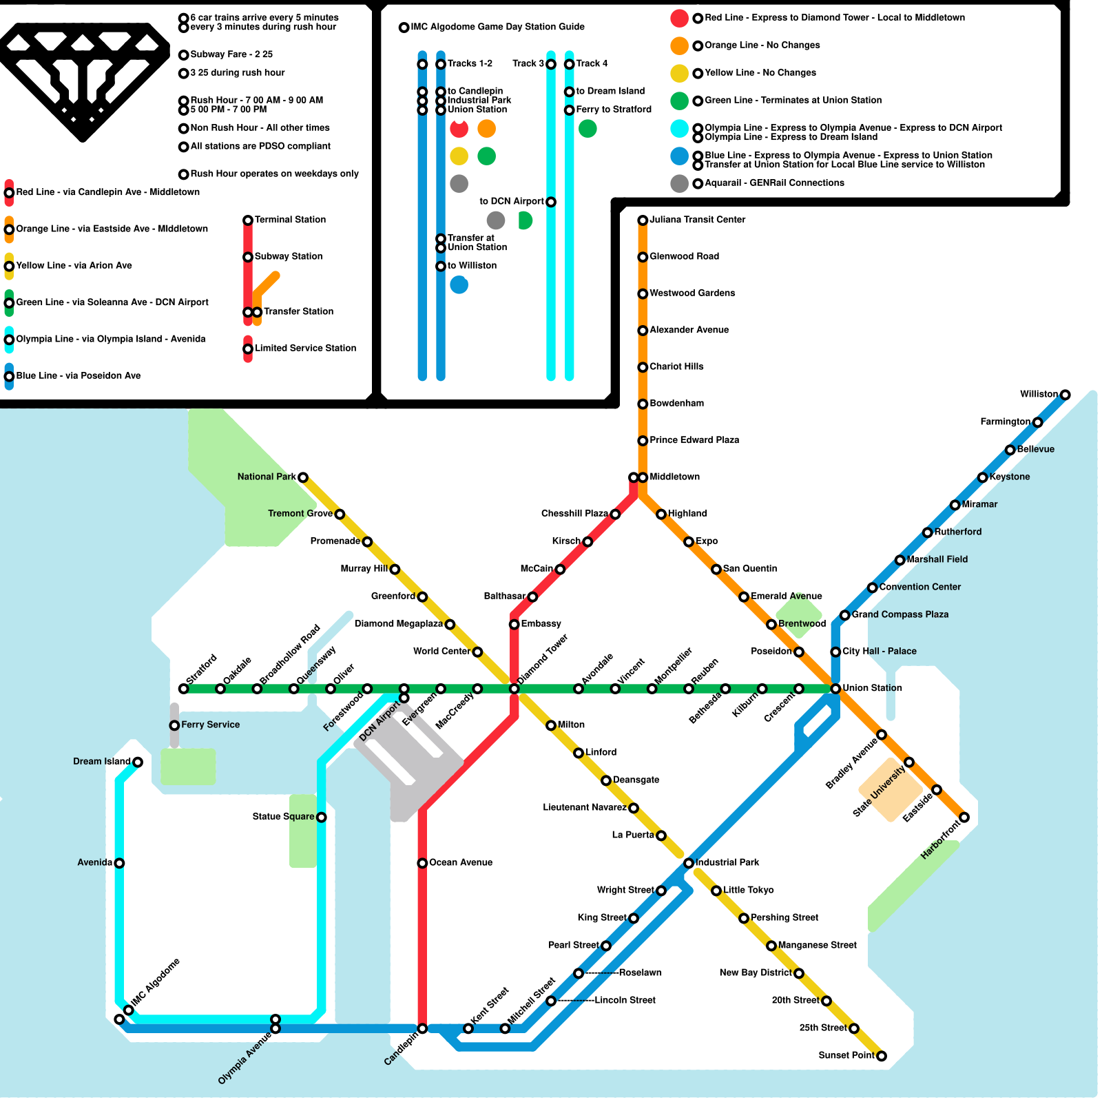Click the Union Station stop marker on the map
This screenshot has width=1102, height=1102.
tap(835, 689)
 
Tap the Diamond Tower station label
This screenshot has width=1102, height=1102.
tap(543, 659)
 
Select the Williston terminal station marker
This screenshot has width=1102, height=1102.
tap(1065, 395)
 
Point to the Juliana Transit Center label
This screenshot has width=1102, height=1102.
tap(698, 220)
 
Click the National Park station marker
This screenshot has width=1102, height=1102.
tap(303, 477)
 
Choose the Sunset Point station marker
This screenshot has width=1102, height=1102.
tap(882, 1056)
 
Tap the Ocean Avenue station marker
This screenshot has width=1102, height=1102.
tap(422, 863)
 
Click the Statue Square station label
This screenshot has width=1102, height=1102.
tap(283, 817)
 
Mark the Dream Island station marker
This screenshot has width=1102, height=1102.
tap(138, 762)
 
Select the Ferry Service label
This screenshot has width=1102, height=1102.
tap(211, 725)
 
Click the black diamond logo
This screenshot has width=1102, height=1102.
tap(83, 81)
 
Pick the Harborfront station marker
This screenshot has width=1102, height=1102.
tap(964, 817)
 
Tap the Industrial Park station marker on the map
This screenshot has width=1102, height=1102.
tap(689, 863)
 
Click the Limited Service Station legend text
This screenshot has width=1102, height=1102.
tap(306, 348)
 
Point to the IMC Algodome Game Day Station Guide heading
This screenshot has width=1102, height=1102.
tap(498, 27)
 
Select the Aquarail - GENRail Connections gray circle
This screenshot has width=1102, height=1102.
tap(680, 183)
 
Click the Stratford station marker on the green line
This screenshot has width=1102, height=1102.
tap(183, 689)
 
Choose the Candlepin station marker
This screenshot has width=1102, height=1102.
tap(422, 1028)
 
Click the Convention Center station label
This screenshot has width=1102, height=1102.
tap(920, 587)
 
